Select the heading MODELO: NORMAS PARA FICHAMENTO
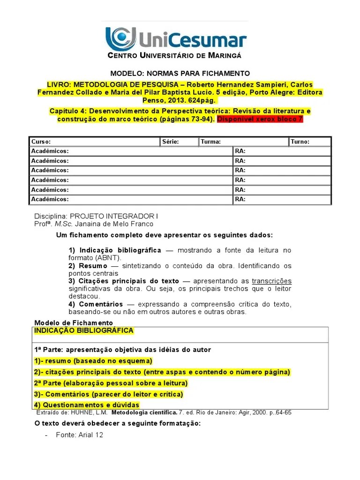(x=180, y=74)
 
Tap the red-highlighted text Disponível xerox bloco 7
(x=260, y=119)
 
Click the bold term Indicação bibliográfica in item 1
(x=120, y=250)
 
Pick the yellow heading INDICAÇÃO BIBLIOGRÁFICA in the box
(x=84, y=330)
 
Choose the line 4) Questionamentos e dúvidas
(x=87, y=405)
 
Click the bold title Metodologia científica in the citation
(x=143, y=413)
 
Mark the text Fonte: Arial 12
(x=79, y=435)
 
